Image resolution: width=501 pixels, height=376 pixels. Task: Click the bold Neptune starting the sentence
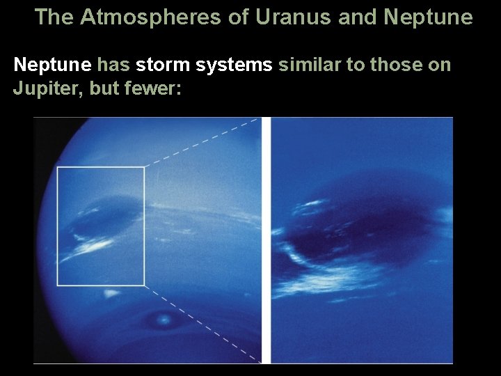pos(53,65)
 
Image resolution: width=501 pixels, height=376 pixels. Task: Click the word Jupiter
pos(42,89)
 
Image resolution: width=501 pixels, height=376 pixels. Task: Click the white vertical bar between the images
pos(265,240)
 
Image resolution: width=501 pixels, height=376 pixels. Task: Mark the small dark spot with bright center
pos(165,320)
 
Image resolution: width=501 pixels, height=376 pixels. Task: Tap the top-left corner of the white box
pos(58,167)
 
